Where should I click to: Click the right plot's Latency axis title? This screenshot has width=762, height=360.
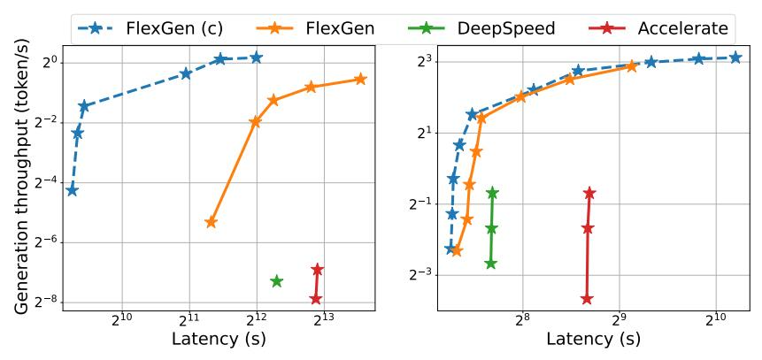point(593,339)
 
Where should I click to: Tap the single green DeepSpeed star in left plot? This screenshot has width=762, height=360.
point(276,281)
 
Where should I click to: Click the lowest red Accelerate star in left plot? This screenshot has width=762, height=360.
point(316,299)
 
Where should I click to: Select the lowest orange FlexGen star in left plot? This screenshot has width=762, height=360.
point(211,222)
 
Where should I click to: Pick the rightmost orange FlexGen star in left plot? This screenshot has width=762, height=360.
point(360,80)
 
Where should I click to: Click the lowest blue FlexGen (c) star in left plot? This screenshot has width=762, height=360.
point(72,190)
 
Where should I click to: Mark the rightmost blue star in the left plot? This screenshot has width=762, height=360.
point(257,57)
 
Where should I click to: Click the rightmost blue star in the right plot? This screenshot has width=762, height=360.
point(735,57)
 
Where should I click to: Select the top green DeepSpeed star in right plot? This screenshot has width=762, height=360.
point(492,193)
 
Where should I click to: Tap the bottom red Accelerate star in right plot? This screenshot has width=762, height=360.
point(587,299)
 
